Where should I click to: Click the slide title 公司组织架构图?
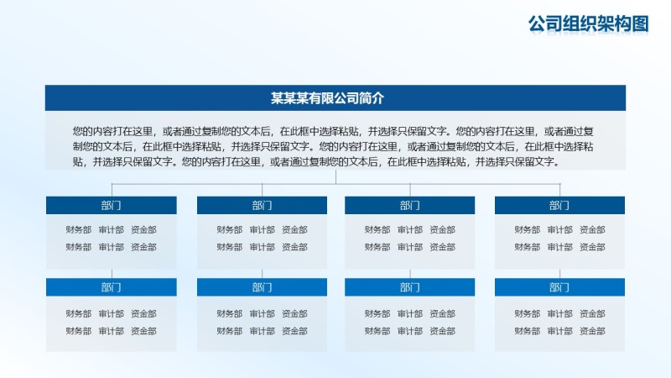pos(589,24)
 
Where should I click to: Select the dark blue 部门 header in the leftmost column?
pos(111,205)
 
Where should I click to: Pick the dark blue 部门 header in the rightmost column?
pos(559,205)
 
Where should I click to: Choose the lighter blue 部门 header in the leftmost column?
pos(111,287)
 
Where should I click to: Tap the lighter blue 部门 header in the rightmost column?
pos(559,287)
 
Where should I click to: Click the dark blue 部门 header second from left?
pos(262,205)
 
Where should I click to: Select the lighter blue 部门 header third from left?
pos(410,287)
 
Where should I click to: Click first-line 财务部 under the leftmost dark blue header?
pos(78,229)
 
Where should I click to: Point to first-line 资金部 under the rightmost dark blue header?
pos(592,229)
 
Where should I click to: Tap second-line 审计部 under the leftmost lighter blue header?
pos(111,331)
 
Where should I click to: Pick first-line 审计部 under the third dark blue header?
pos(410,229)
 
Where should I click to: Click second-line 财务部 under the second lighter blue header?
pos(229,331)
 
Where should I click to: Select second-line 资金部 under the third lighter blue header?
pos(443,331)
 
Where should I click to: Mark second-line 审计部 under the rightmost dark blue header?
pos(559,247)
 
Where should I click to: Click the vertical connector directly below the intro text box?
pos(335,176)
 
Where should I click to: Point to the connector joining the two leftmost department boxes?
pos(112,274)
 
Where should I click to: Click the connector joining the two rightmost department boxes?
pos(560,274)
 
